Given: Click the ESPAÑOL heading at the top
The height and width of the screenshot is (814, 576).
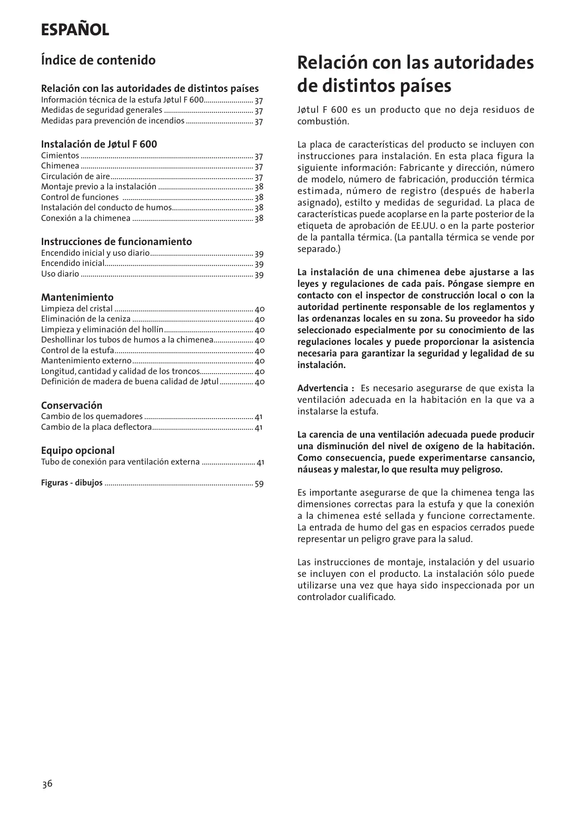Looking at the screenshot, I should (75, 30).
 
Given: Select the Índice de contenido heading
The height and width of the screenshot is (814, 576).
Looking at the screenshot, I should (98, 60).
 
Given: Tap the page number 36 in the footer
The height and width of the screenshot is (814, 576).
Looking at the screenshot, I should (47, 784).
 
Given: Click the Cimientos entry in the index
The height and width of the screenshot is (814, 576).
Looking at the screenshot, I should (60, 155).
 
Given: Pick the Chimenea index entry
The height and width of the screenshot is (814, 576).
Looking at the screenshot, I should (60, 166).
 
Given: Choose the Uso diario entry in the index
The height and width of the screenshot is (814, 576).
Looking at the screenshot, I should (60, 274).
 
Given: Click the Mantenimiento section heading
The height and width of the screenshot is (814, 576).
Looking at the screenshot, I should (77, 297).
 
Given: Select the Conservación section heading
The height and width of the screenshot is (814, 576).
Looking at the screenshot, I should (71, 405).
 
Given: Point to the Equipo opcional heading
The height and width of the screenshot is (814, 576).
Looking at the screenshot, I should (78, 450).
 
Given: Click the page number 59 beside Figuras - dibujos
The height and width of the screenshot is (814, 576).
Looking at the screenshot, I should (259, 484).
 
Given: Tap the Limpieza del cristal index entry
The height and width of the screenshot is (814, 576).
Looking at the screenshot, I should (77, 309).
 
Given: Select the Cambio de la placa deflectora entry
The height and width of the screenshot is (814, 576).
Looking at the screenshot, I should (96, 427).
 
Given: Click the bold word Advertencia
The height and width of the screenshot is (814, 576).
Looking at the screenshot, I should (326, 388).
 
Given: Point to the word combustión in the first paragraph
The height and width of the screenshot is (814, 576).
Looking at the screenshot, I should (323, 122).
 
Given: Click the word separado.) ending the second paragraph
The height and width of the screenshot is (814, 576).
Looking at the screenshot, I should (319, 249).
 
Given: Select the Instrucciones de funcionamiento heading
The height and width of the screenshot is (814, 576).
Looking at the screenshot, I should (116, 241).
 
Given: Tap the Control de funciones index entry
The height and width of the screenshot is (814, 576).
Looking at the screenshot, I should (79, 197).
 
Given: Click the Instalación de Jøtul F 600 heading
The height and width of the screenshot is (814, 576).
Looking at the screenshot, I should (99, 144).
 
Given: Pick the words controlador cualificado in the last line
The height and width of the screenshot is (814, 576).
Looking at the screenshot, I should (346, 597).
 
